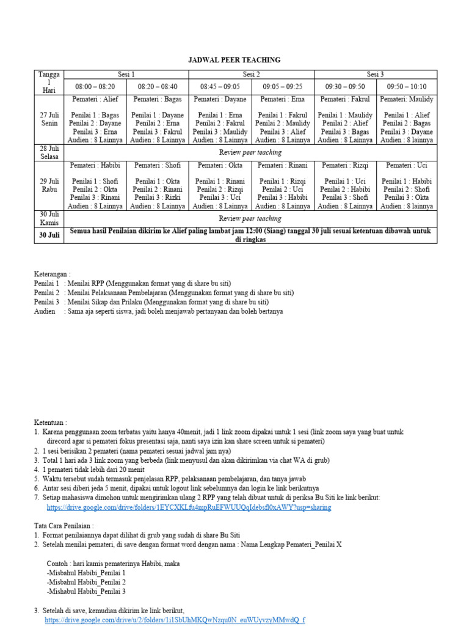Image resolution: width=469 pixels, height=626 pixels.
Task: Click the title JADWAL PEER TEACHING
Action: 234,60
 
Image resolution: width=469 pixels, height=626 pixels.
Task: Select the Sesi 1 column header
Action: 126,75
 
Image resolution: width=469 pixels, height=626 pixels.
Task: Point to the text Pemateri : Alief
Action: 95,99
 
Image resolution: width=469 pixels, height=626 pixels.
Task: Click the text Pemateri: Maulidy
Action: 406,99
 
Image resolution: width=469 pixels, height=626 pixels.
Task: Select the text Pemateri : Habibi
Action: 95,165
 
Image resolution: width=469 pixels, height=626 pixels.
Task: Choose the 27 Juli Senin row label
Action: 49,119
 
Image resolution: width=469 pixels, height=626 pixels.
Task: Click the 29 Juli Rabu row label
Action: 49,185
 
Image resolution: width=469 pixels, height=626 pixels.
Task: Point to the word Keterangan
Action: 53,274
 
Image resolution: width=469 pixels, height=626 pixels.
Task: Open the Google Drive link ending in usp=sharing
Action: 189,507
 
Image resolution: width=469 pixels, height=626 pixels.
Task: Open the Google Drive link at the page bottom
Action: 175,620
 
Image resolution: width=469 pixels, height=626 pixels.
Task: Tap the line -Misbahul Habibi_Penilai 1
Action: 86,573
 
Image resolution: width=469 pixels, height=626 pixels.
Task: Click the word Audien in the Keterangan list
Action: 46,311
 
